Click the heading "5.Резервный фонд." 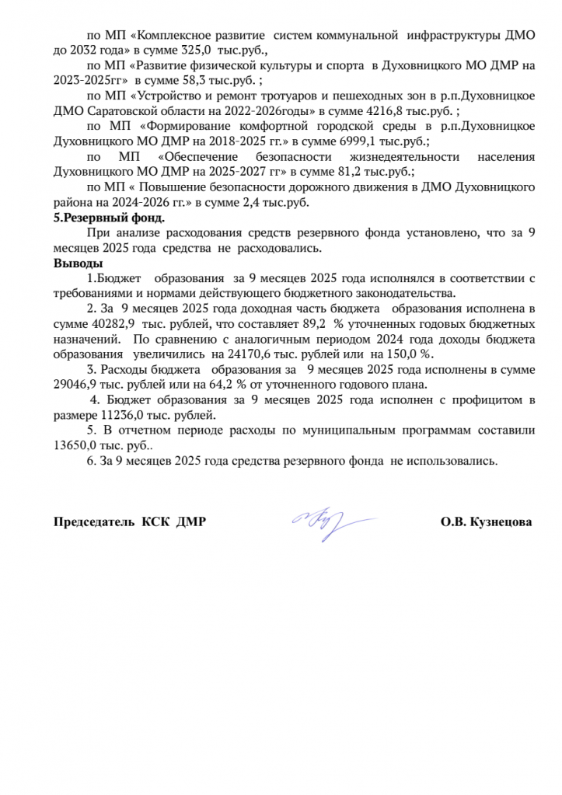109,218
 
